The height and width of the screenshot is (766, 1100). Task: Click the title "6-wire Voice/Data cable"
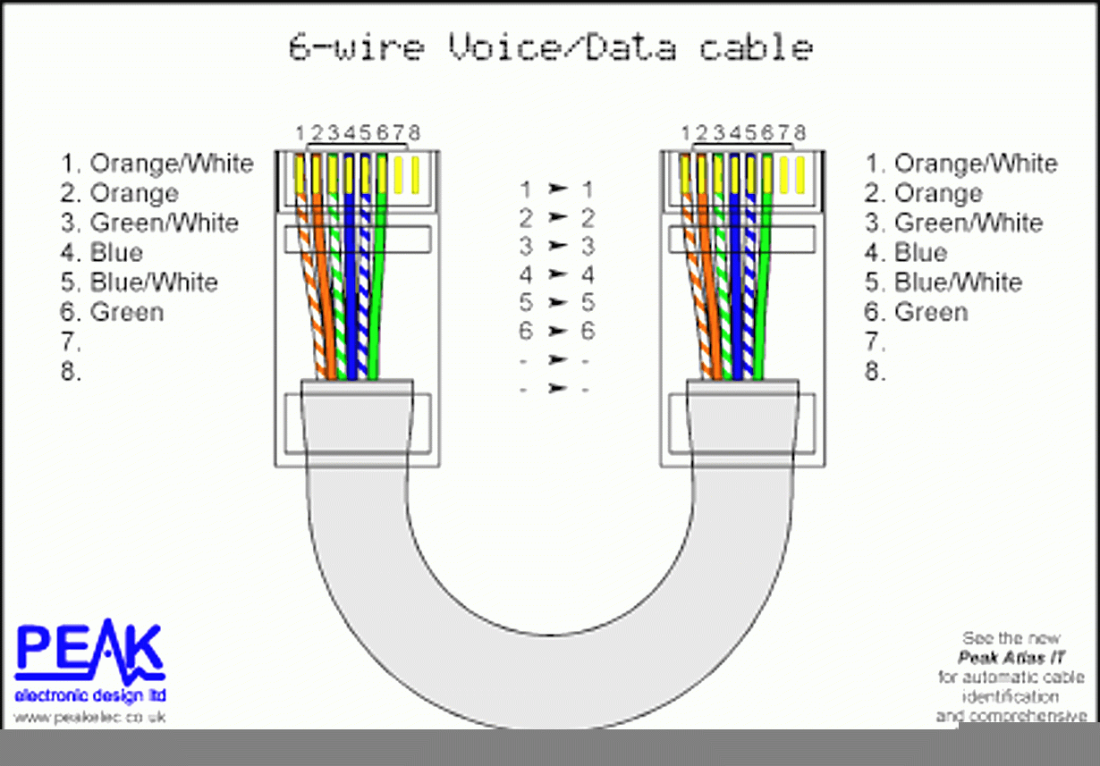tap(550, 46)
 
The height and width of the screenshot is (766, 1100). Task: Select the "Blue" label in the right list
tap(920, 252)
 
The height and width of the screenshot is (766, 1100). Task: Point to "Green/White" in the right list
tap(969, 223)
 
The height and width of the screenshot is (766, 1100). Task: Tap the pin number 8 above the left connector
tap(413, 133)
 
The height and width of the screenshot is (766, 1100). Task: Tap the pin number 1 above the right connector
tap(686, 133)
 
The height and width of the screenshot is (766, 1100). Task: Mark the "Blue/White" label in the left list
tap(153, 282)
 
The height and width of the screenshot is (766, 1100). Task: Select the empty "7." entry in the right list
tap(876, 341)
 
